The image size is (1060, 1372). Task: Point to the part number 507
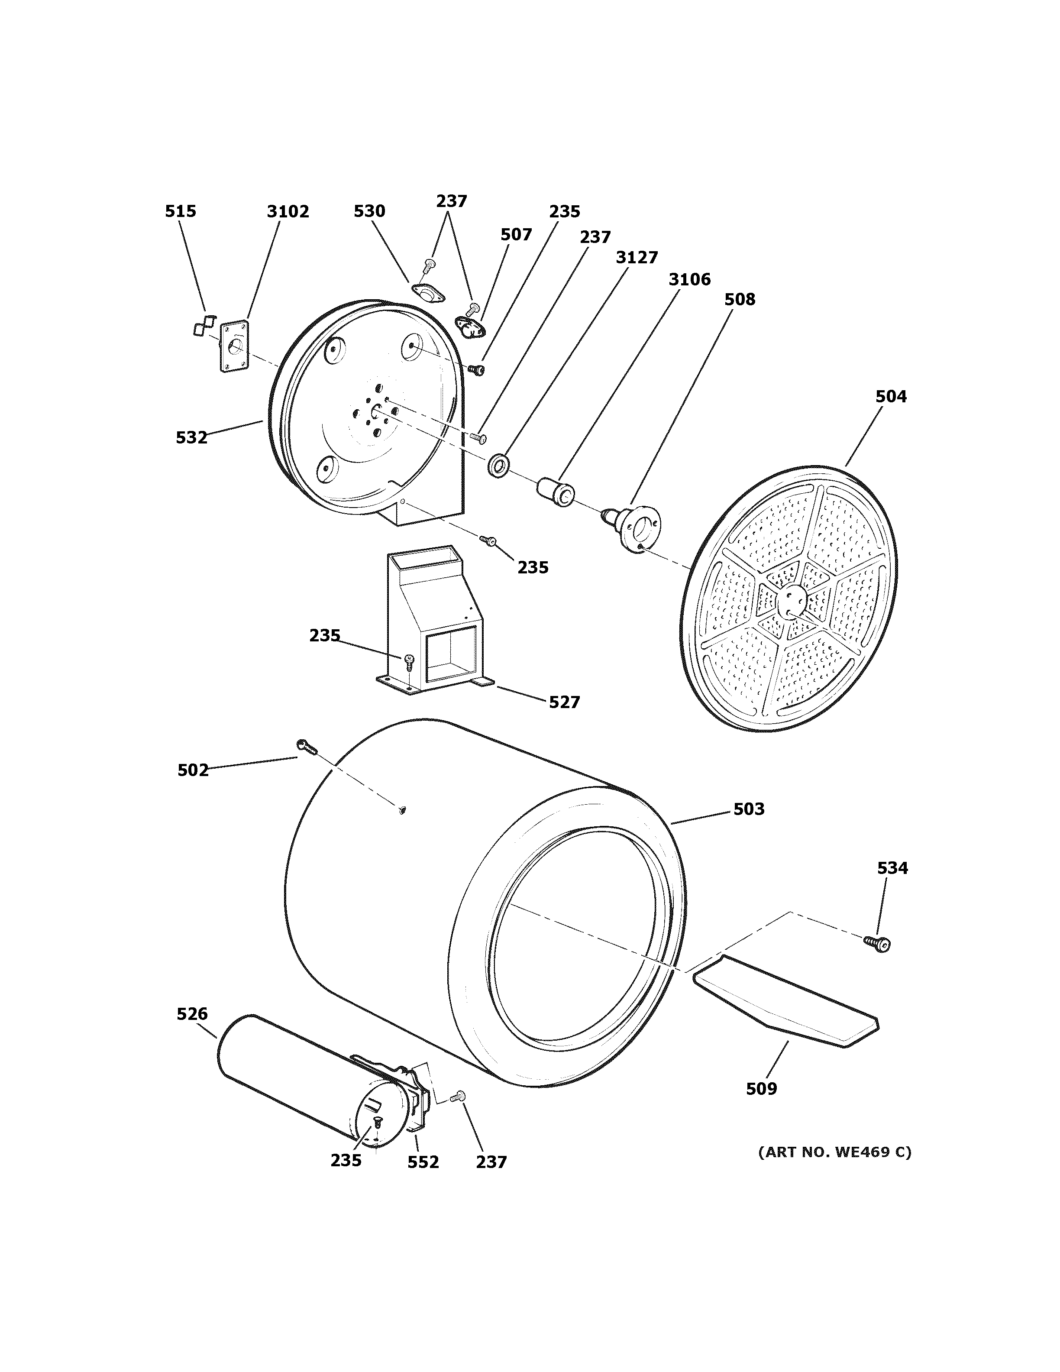click(x=516, y=234)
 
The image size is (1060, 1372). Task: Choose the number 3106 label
click(x=689, y=279)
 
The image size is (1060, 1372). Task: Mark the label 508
click(x=739, y=300)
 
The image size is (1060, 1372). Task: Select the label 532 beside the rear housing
click(x=191, y=437)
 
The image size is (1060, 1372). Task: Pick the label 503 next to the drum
click(x=749, y=809)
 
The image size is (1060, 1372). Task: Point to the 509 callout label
click(x=761, y=1089)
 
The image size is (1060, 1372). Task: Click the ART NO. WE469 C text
click(x=834, y=1152)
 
